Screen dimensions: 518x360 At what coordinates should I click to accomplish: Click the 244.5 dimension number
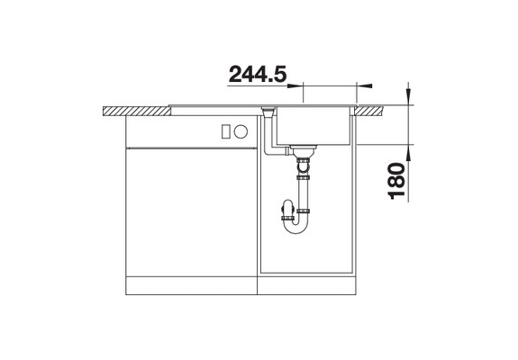(x=258, y=74)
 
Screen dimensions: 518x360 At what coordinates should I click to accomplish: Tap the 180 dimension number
(x=396, y=181)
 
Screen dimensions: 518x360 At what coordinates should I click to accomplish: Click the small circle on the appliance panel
(x=241, y=131)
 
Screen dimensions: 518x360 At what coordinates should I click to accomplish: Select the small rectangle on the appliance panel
(x=226, y=131)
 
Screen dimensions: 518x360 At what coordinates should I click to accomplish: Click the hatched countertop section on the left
(x=137, y=111)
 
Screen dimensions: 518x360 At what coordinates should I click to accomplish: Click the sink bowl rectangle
(x=314, y=126)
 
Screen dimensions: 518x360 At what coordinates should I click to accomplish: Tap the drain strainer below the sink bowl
(x=303, y=151)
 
